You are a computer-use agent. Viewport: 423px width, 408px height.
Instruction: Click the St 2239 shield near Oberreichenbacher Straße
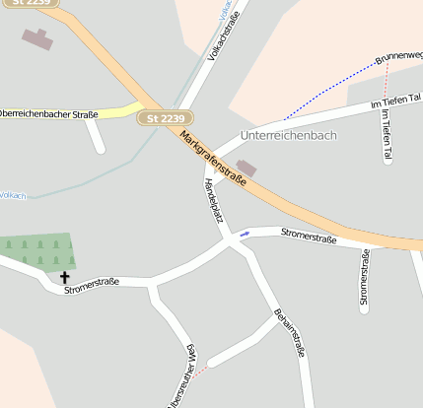[163, 118]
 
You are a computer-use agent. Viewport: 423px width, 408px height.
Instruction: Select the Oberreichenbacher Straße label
[49, 114]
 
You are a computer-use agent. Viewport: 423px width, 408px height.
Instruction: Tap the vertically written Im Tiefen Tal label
[387, 134]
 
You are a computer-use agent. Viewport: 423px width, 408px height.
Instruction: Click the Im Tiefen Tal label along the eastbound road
[394, 102]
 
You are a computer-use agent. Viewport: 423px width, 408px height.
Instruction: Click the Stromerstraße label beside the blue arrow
[309, 237]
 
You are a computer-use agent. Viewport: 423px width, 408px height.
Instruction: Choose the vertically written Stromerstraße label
[365, 280]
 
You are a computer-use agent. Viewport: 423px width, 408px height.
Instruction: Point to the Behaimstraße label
[290, 335]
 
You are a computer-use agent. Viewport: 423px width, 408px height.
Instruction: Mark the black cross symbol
[66, 278]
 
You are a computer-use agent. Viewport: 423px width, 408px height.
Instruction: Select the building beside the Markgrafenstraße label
[246, 169]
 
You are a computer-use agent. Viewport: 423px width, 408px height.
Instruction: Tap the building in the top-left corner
[36, 39]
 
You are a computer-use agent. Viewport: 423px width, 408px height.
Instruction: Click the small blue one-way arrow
[244, 234]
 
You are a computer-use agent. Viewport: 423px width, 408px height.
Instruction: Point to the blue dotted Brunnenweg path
[330, 90]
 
